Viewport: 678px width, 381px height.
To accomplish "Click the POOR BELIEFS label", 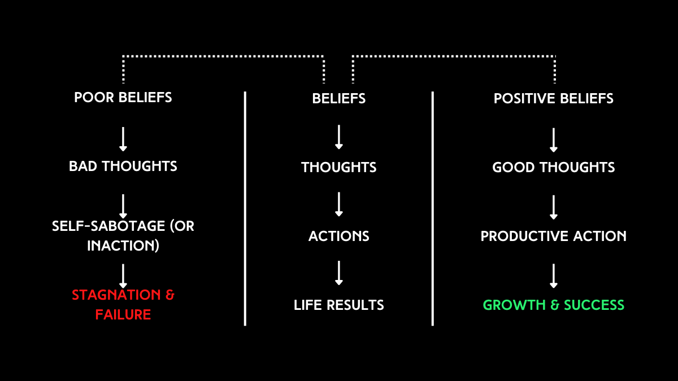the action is tap(123, 97).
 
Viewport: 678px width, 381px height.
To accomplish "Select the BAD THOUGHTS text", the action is tap(123, 166).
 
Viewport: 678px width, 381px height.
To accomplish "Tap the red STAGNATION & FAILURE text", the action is tap(123, 304).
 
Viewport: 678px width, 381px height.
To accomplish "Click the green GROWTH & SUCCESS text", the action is tap(554, 305).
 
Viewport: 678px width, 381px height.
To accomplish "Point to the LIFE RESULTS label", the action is tap(338, 305).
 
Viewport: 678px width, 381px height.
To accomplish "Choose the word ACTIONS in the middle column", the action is tap(338, 236).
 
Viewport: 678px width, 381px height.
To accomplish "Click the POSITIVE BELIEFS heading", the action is tap(554, 98).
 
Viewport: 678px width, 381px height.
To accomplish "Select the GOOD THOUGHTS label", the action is tap(554, 167).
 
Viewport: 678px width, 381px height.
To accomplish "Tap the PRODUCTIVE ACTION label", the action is tap(554, 236).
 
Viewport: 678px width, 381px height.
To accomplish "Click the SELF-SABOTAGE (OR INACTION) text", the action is tap(123, 236).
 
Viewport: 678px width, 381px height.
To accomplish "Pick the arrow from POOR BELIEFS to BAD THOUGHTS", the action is tap(123, 139).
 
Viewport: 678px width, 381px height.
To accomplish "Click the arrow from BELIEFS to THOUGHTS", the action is tap(338, 137).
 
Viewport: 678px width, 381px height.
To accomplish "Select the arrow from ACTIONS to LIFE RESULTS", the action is tap(338, 273).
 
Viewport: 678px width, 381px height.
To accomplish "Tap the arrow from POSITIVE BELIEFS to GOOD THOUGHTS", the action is tap(554, 140).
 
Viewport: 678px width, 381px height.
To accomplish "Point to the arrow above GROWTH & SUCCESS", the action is tap(554, 276).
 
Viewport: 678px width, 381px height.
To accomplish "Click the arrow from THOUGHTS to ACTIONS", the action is tap(338, 204).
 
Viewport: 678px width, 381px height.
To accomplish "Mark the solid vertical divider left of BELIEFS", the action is tap(245, 209).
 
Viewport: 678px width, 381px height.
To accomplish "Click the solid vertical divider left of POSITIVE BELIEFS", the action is tap(433, 209).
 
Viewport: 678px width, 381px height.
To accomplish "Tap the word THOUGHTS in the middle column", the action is tap(338, 167).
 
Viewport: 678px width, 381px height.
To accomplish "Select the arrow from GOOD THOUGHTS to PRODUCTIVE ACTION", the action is tap(554, 207).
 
